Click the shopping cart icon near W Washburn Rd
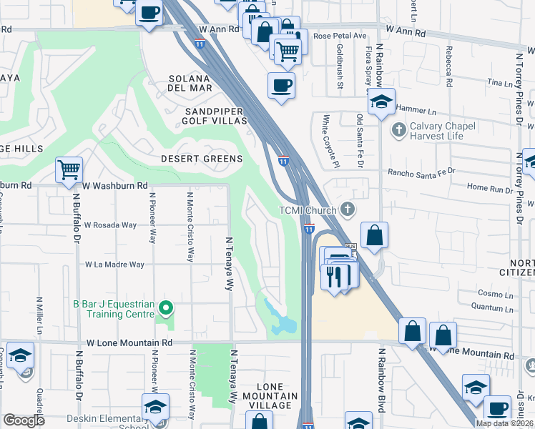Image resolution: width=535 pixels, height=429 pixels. pos(69,171)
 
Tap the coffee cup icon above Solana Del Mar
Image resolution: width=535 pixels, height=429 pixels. pos(280,86)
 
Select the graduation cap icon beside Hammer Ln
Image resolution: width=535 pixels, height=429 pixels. pos(382,102)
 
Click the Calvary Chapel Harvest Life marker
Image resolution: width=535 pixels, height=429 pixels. pos(398,130)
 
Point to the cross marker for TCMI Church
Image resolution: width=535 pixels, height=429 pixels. pos(348,209)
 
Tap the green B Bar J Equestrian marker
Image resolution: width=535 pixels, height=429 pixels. pos(166,309)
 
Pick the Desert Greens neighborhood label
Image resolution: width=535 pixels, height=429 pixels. pos(202,159)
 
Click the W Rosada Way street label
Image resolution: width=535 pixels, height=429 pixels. pos(110,225)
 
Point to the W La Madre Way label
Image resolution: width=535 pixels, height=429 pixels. pos(115,265)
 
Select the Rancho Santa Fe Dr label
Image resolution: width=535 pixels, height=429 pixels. pos(421,172)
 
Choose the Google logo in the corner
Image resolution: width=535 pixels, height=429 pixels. pos(24,420)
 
